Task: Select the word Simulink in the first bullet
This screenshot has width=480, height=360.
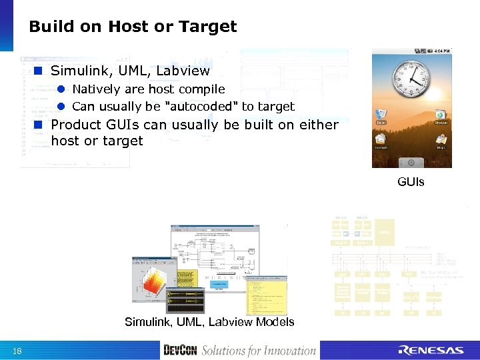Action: pyautogui.click(x=79, y=71)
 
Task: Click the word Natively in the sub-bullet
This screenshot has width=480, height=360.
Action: pyautogui.click(x=96, y=89)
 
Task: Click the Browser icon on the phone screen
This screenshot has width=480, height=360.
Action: pyautogui.click(x=441, y=117)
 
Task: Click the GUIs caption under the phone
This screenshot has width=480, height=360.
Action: pyautogui.click(x=411, y=181)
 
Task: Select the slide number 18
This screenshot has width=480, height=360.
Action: pyautogui.click(x=16, y=351)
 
